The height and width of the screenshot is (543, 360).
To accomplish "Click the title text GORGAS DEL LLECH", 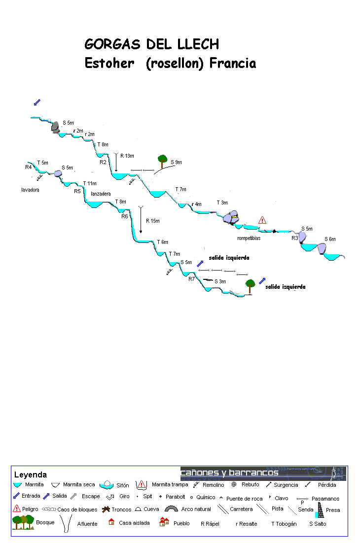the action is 151,44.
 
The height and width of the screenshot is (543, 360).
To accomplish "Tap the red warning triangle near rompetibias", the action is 262,220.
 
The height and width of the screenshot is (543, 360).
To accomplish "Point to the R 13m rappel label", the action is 127,156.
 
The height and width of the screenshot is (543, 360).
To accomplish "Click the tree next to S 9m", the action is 162,160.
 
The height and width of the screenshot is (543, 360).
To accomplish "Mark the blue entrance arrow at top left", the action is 37,102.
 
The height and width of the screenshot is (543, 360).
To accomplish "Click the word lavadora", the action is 30,190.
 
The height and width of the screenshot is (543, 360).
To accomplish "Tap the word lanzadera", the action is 101,194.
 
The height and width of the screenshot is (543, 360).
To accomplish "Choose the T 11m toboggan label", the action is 90,183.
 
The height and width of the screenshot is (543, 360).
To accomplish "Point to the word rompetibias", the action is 249,238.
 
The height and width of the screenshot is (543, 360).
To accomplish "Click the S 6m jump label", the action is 330,239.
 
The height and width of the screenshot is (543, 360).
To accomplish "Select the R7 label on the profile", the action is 191,279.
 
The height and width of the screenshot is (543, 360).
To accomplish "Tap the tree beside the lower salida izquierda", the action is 251,284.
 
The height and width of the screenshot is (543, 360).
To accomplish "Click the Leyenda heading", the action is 31,475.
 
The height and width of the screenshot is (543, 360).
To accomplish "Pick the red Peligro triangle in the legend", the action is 17,509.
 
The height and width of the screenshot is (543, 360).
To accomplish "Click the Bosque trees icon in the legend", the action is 23,522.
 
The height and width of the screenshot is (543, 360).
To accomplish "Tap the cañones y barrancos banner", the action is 263,473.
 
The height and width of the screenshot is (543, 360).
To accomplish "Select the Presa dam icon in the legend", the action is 320,510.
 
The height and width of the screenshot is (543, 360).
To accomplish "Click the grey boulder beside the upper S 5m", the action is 55,127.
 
